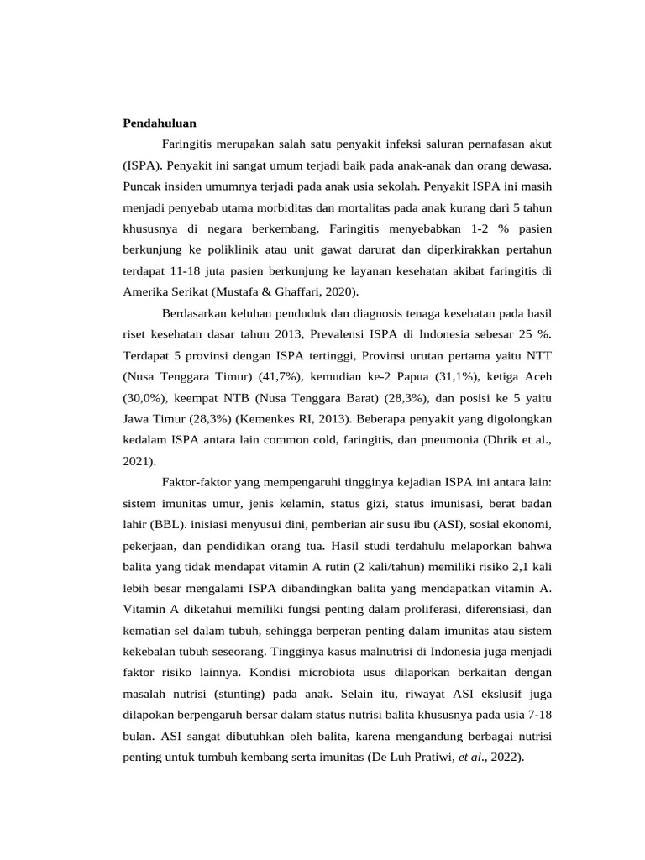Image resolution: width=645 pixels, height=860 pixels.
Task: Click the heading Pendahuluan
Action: [160, 123]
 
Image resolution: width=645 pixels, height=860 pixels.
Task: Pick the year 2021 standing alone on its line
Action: [138, 461]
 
